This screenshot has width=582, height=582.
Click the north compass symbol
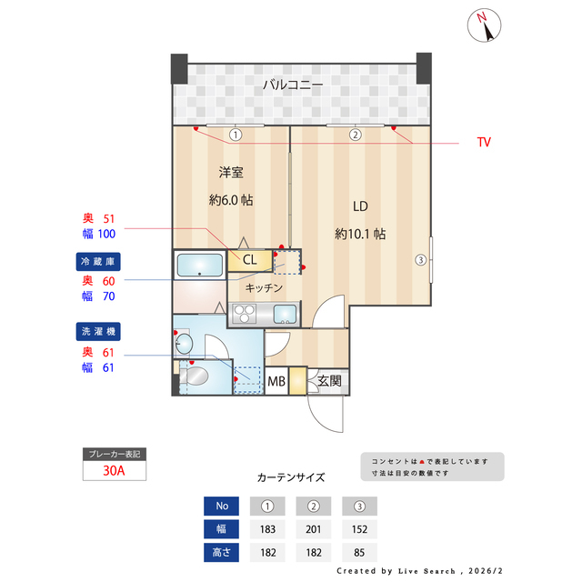(487, 26)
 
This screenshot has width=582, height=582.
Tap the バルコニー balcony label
(293, 85)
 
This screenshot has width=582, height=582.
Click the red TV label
(484, 143)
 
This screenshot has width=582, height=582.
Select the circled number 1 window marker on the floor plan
(235, 135)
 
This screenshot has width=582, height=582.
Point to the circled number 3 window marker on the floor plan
(420, 260)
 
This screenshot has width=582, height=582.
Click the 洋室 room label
(230, 172)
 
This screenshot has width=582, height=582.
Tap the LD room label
(361, 206)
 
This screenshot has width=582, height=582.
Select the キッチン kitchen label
(264, 287)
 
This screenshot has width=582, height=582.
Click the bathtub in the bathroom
(199, 266)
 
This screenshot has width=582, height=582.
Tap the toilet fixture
(194, 376)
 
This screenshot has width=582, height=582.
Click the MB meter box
(276, 382)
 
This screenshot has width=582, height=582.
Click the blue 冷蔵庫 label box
(98, 261)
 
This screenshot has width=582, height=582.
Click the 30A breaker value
(114, 471)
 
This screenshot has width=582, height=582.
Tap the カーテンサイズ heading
(291, 477)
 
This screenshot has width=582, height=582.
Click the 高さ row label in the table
(222, 552)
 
